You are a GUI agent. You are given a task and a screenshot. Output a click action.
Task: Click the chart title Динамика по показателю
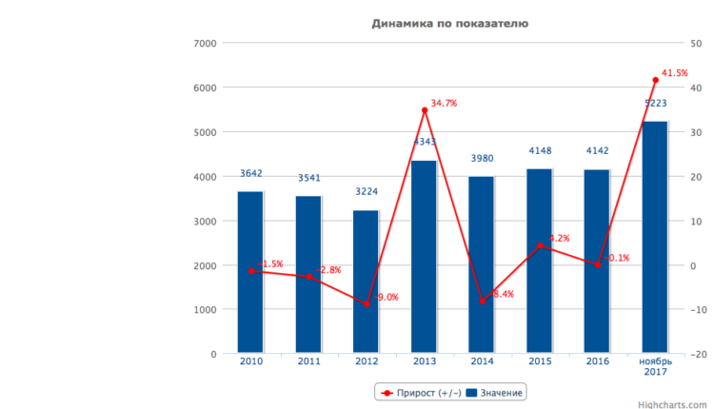pos(450,23)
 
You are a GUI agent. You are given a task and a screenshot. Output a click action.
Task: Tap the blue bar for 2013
pos(424,257)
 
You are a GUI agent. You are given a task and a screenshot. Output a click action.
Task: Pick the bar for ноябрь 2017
pos(655,238)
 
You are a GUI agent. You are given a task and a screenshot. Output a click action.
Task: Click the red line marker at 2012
pos(366,304)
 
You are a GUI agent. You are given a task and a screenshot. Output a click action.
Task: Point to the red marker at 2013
pos(424,110)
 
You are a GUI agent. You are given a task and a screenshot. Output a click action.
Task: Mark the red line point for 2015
pos(540,246)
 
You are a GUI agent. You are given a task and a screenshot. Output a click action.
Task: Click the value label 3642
pos(250,173)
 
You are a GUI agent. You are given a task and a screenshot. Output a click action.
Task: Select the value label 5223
pos(655,103)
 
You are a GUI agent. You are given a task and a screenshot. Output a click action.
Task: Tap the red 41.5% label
pos(675,72)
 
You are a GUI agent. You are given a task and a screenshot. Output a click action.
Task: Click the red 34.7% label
pos(444,103)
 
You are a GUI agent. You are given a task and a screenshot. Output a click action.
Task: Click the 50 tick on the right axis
pos(696,43)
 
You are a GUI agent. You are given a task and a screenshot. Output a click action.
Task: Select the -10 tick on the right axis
pos(697,309)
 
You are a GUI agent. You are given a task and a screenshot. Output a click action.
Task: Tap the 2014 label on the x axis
pos(482,362)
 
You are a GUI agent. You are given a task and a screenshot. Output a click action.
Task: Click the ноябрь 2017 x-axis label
pos(655,367)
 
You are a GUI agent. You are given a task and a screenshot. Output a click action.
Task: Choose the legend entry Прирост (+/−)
pos(419,392)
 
